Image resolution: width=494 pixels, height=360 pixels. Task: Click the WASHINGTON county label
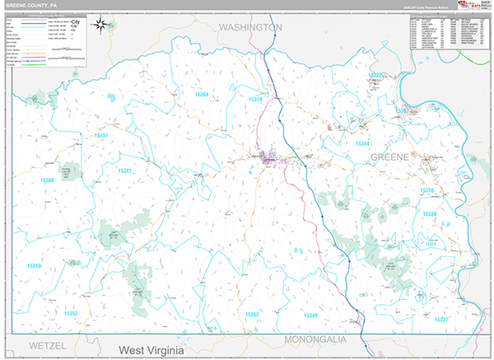(250, 27)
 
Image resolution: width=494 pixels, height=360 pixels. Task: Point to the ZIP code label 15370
(254, 99)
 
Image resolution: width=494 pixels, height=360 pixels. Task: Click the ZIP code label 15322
(375, 75)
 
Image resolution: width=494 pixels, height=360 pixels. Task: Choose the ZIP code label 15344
(362, 143)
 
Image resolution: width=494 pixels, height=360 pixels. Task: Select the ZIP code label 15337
(101, 135)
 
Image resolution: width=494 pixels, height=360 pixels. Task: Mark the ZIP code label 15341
(124, 171)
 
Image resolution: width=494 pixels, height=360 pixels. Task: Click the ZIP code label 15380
(46, 180)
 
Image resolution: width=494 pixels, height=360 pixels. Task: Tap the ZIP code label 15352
(71, 313)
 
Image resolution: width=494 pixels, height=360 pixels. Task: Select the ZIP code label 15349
(310, 315)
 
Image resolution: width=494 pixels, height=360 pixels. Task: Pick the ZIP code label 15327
(441, 319)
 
